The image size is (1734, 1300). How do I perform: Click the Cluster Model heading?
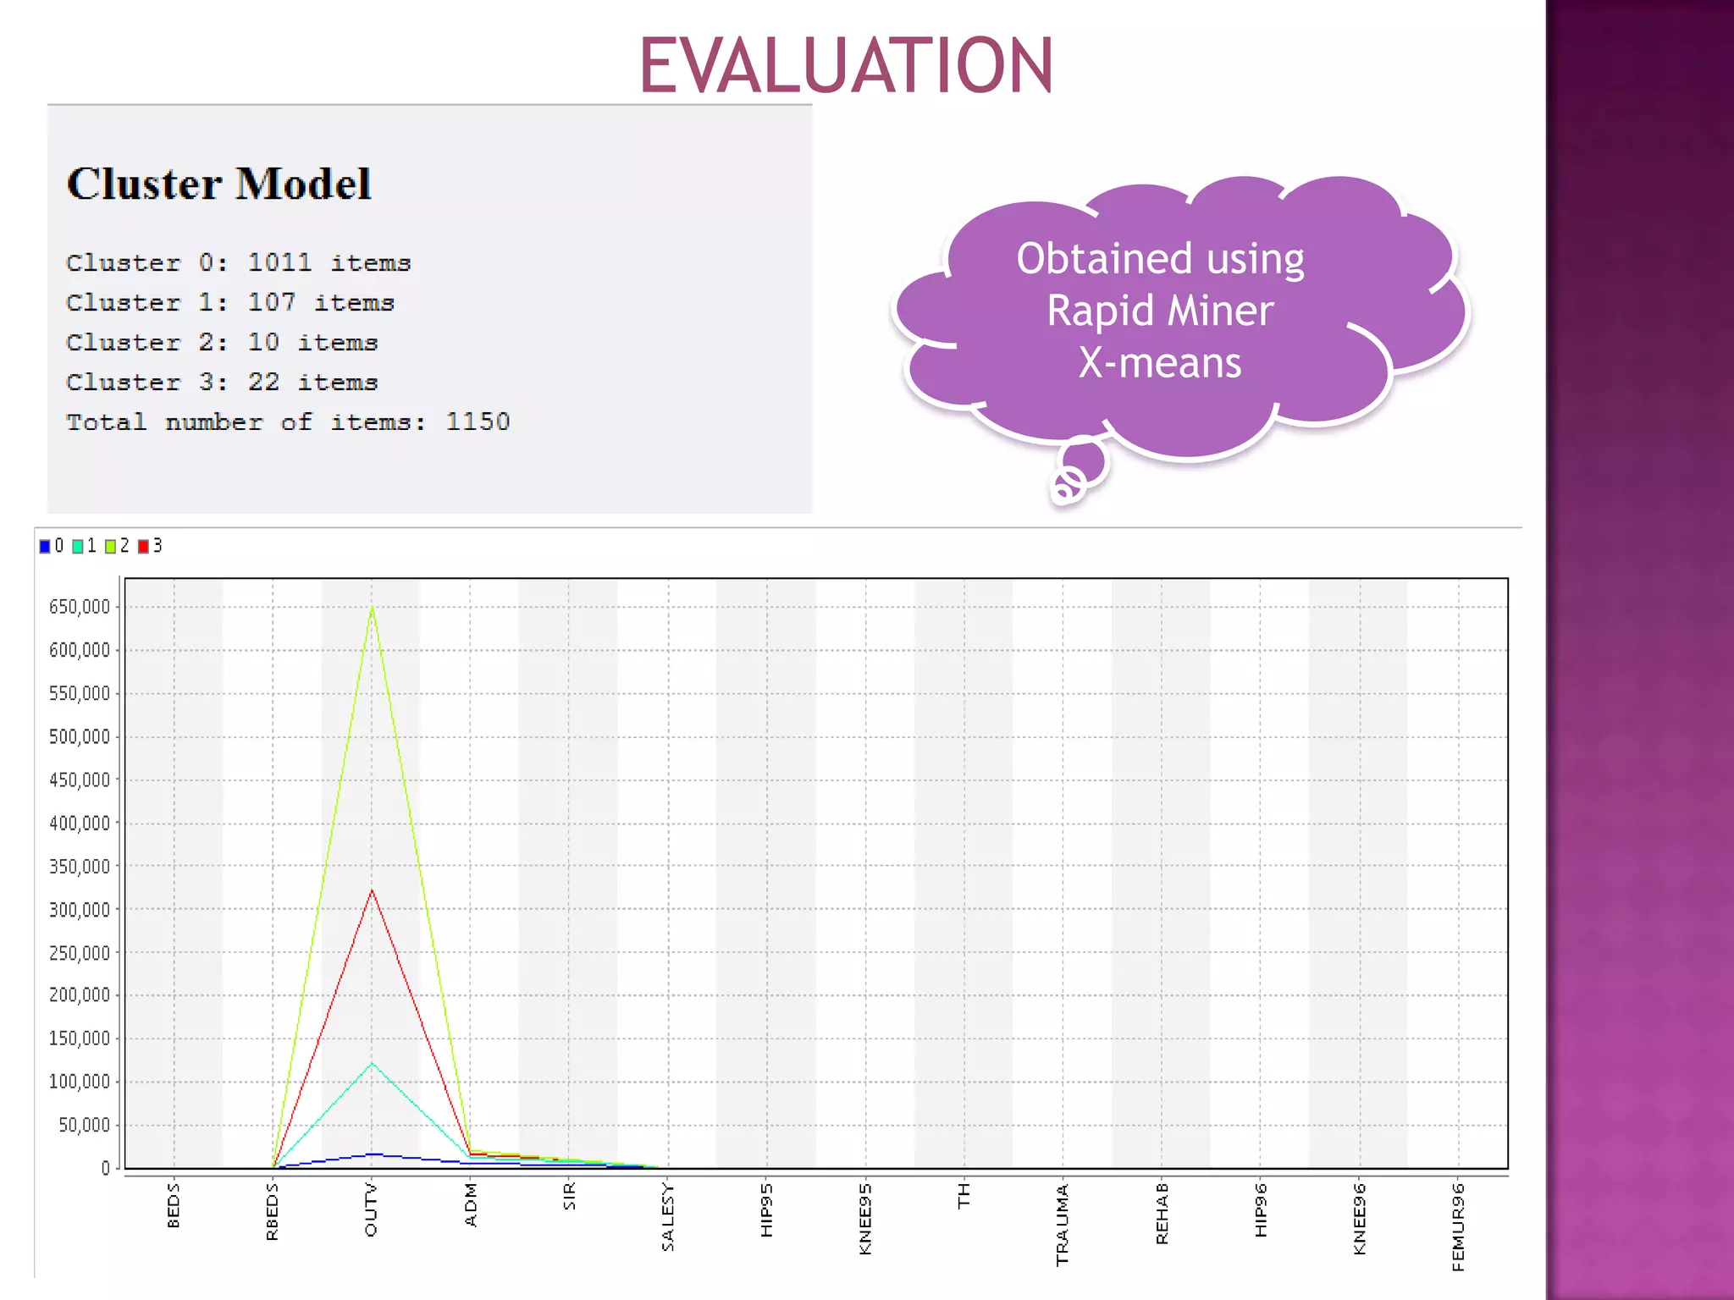219,184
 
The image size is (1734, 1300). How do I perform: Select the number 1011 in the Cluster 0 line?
279,262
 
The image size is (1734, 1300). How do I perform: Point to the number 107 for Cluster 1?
271,302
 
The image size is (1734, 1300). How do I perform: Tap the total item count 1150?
478,421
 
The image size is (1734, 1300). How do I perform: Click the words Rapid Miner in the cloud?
1160,311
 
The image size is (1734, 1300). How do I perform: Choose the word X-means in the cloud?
1160,363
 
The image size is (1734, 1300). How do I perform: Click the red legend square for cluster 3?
143,547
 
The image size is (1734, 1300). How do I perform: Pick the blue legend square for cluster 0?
45,547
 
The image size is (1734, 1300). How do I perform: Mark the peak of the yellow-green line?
372,607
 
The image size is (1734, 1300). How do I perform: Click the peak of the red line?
372,890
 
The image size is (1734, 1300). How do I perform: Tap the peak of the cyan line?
372,1064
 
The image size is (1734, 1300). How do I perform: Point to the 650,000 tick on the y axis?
80,607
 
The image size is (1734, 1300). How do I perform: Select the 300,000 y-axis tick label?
80,910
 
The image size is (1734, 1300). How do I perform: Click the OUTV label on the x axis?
371,1210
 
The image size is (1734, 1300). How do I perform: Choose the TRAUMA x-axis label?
1063,1225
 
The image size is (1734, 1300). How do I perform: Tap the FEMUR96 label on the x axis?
1458,1227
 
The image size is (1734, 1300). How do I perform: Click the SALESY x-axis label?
668,1217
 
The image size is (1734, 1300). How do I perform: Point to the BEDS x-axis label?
174,1206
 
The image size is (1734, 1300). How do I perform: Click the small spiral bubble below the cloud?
1068,485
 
